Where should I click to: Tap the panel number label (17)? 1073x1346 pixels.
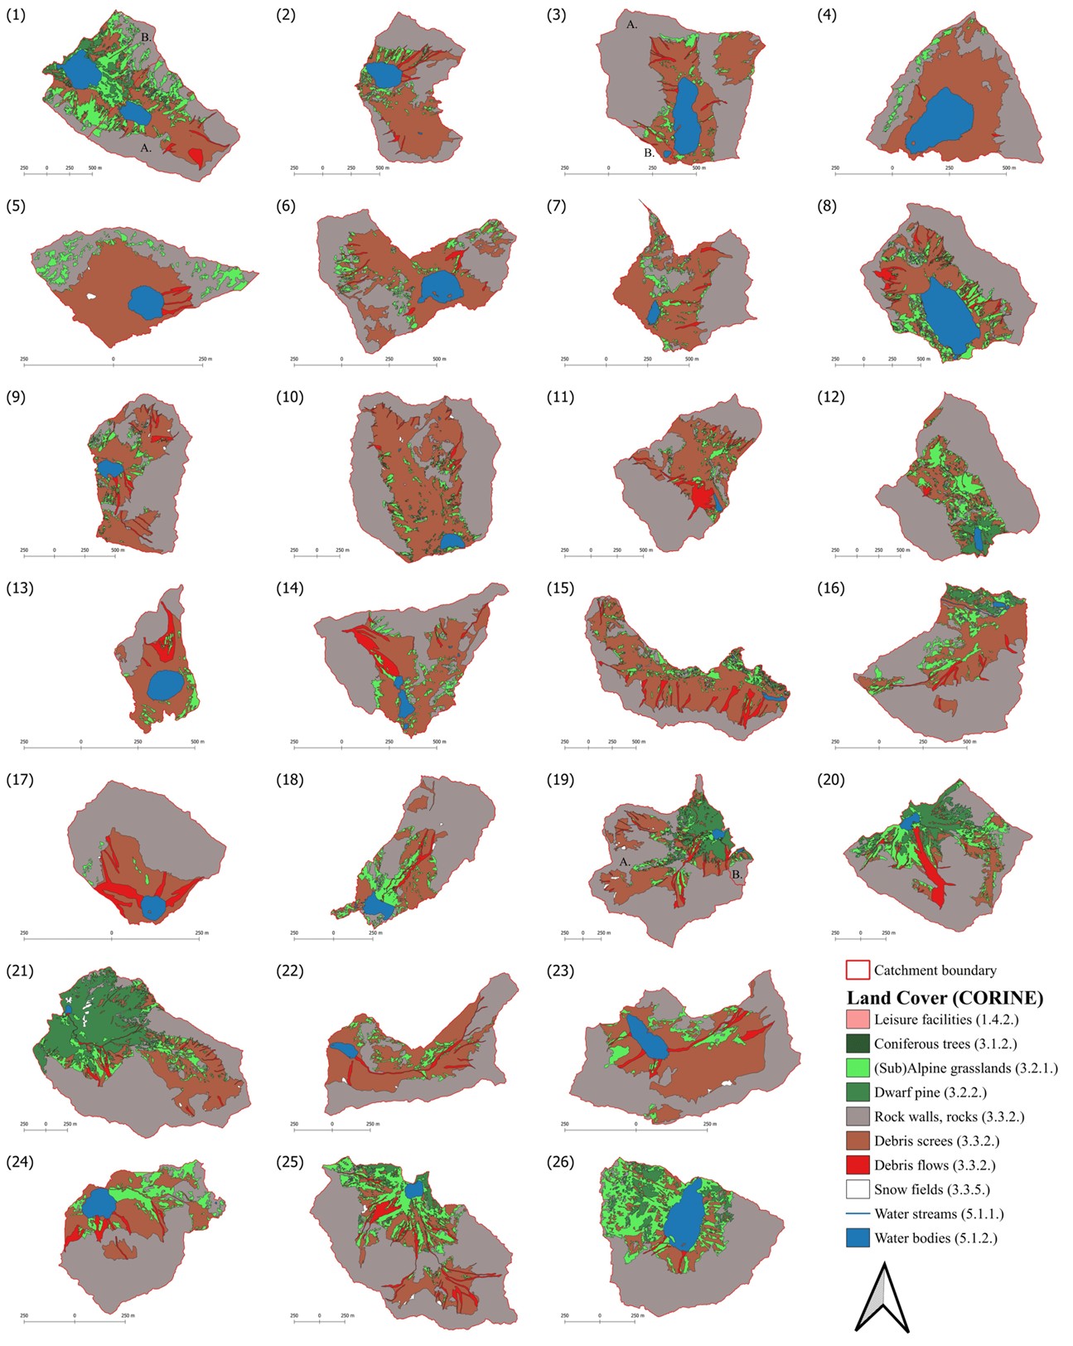point(20,780)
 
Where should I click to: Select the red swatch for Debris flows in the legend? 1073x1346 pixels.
point(858,1164)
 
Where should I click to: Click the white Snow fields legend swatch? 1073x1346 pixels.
point(858,1189)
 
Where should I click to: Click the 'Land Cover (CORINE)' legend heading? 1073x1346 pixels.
point(945,997)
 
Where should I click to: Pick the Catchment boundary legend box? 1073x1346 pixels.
point(858,970)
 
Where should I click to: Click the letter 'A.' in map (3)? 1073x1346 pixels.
point(631,26)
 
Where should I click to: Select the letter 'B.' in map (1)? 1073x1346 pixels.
point(146,37)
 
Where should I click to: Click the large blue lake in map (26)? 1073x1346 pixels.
point(686,1216)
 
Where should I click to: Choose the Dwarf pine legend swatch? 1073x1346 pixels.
point(858,1092)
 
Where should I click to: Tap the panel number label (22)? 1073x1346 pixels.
point(290,971)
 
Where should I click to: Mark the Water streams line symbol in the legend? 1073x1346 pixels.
point(858,1214)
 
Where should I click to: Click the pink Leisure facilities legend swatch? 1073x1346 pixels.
point(858,1019)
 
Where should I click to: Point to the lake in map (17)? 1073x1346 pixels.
point(152,907)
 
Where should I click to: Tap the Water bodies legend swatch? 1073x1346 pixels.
point(858,1238)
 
